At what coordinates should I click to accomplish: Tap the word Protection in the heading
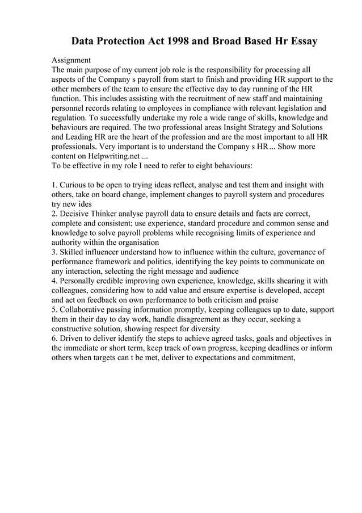tap(123, 41)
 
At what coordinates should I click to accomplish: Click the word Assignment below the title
tap(71, 60)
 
